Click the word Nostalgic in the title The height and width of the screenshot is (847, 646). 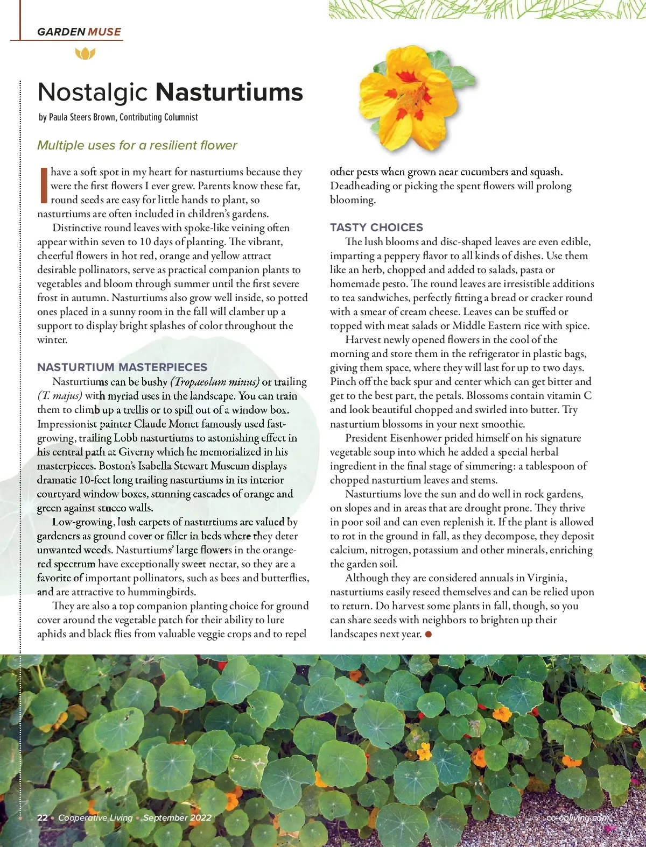(93, 92)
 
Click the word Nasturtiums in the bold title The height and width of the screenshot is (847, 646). (229, 92)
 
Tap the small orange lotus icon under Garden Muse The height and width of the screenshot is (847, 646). (85, 53)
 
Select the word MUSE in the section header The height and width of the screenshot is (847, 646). (104, 32)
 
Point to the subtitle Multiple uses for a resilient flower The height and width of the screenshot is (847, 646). (137, 145)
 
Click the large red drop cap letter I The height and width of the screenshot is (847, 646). (43, 185)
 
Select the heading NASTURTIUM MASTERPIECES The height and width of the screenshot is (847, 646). (122, 367)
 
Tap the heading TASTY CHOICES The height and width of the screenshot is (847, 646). (376, 227)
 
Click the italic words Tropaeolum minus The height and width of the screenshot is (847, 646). (215, 382)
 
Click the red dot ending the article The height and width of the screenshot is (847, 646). (429, 634)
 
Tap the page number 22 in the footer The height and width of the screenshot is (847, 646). (43, 818)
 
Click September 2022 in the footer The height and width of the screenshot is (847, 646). (177, 818)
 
